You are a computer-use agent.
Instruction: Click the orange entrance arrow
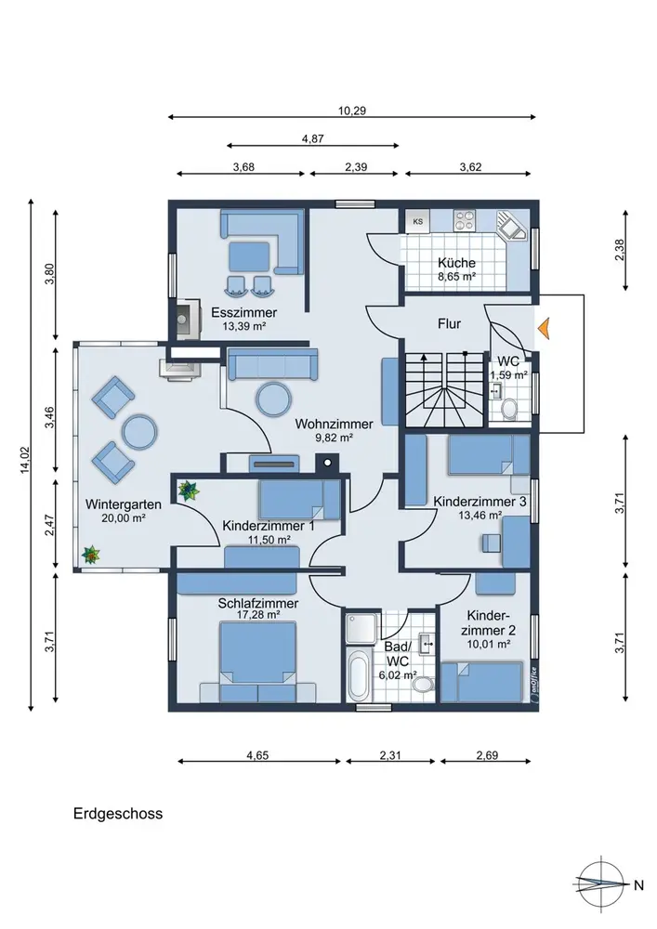pos(544,328)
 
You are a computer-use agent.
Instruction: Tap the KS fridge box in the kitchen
pos(418,222)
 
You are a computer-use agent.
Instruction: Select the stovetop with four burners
pos(465,221)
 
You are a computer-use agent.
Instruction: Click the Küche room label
pos(456,263)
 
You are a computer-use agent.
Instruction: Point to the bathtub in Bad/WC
pos(358,675)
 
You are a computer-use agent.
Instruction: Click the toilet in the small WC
pos(507,409)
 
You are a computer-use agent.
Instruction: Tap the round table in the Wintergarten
pos(139,431)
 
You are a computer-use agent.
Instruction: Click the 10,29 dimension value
pos(352,111)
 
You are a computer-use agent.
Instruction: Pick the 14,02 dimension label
pos(24,460)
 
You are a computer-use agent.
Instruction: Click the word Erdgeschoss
pos(118,814)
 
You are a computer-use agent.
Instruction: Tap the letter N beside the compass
pos(638,885)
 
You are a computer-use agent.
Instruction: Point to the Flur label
pos(449,323)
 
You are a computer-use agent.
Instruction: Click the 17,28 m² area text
pos(258,615)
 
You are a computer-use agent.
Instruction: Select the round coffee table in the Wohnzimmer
pos(274,399)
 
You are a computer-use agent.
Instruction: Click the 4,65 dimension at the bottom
pos(257,754)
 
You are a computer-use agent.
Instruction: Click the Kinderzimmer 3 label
pos(480,502)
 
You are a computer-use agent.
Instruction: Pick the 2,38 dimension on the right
pos(619,249)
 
